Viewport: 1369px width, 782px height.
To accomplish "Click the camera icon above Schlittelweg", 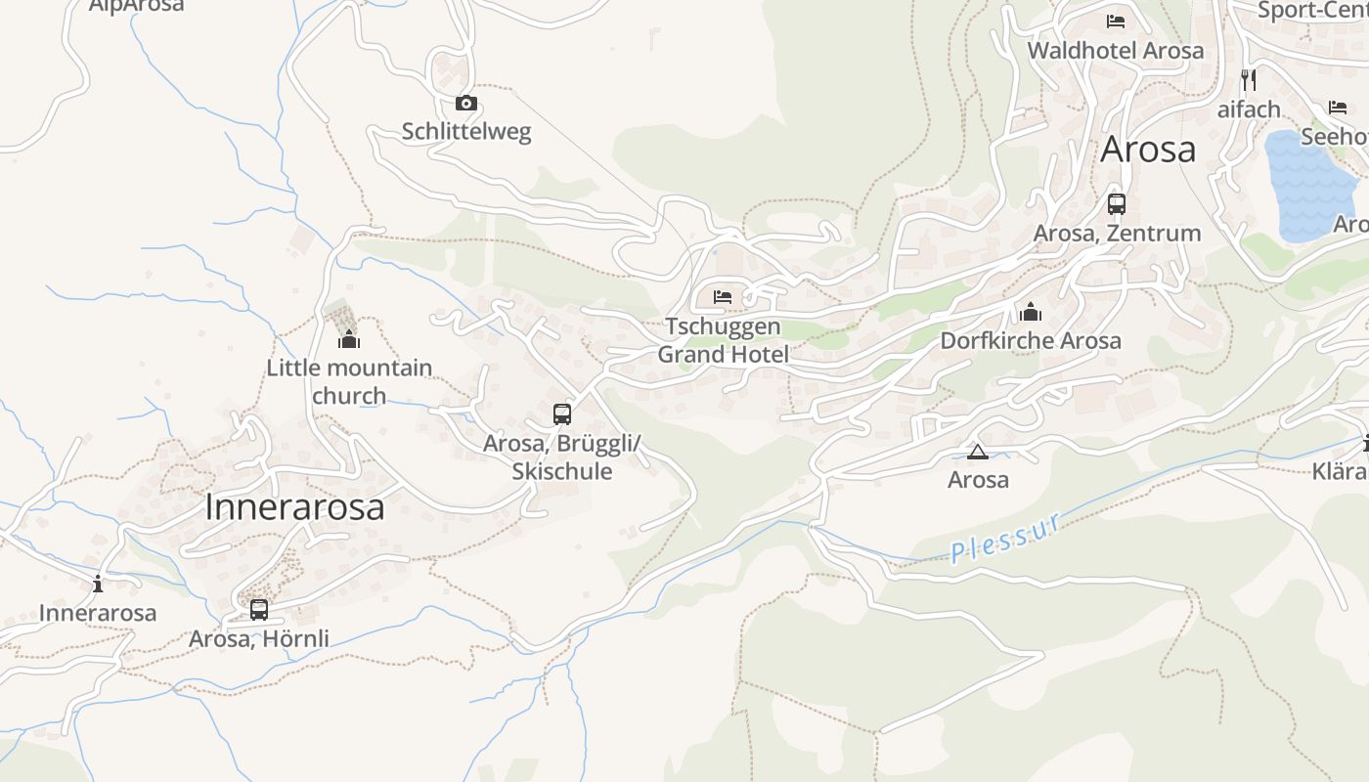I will tap(466, 103).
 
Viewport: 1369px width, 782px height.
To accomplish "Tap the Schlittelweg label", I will tap(466, 131).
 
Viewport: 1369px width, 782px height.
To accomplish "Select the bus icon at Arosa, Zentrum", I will tap(1117, 204).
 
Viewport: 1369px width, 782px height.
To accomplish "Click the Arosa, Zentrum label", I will tap(1117, 233).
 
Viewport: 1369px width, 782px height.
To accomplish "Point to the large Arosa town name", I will tap(1148, 150).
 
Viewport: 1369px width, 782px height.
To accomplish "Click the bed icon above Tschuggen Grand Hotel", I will tap(723, 296).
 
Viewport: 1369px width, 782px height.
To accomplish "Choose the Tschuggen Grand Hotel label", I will tap(723, 339).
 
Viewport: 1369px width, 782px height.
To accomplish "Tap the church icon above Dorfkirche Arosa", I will tap(1030, 313).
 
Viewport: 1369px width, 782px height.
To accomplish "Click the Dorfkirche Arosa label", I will tap(1031, 340).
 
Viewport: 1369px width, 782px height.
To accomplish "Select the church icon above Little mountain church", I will tap(349, 339).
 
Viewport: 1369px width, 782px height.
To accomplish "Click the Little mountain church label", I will tap(349, 381).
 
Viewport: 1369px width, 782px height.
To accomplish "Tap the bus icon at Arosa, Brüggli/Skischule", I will tap(562, 413).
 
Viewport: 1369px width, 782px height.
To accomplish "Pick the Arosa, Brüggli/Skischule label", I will tap(562, 456).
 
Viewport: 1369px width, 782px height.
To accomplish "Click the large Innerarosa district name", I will tap(294, 507).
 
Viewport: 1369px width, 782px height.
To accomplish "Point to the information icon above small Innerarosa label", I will tap(98, 585).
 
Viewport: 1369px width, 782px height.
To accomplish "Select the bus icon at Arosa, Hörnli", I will tap(259, 610).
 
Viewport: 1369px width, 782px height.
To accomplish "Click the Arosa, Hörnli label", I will tap(259, 638).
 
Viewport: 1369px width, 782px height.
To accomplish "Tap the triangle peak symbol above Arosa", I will tap(977, 452).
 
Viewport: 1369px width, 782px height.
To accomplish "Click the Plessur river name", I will tap(1006, 539).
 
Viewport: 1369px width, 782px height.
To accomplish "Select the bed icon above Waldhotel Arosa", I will tap(1116, 22).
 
